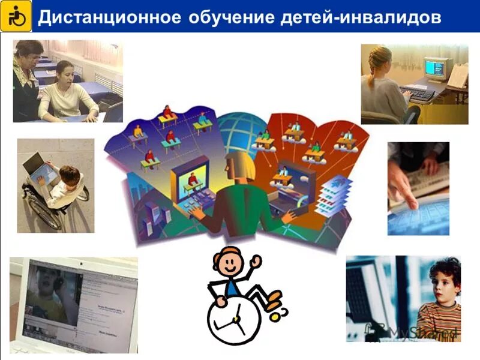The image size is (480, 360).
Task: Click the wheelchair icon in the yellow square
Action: click(16, 16)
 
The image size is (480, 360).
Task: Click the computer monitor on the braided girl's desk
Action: click(436, 69)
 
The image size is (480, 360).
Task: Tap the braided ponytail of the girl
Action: click(373, 69)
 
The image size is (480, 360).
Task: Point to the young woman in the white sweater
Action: click(66, 93)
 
